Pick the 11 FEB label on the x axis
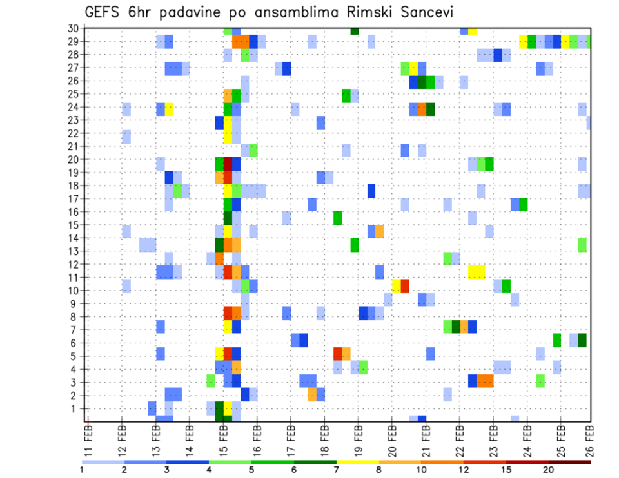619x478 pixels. (88, 440)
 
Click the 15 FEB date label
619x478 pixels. (223, 440)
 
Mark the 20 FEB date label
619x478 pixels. (391, 440)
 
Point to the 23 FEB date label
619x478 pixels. (493, 440)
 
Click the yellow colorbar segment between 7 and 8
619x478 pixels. (358, 462)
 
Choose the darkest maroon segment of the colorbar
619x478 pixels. (570, 462)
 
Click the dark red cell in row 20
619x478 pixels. (228, 164)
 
